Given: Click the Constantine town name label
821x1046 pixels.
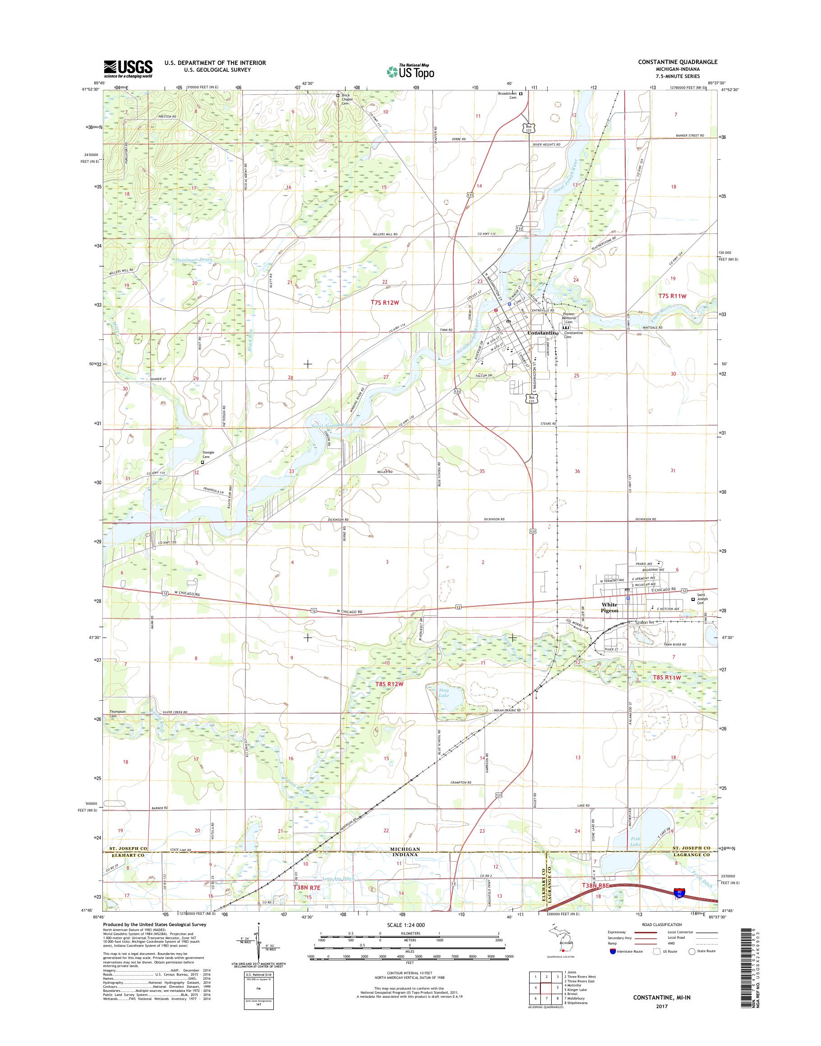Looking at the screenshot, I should click(543, 333).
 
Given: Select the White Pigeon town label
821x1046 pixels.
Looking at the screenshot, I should click(609, 607).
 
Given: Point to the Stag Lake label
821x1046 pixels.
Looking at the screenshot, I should click(444, 693).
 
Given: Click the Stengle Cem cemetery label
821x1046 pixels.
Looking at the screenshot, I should click(208, 454).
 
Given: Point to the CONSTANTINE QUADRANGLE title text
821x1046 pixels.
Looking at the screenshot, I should click(678, 62).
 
